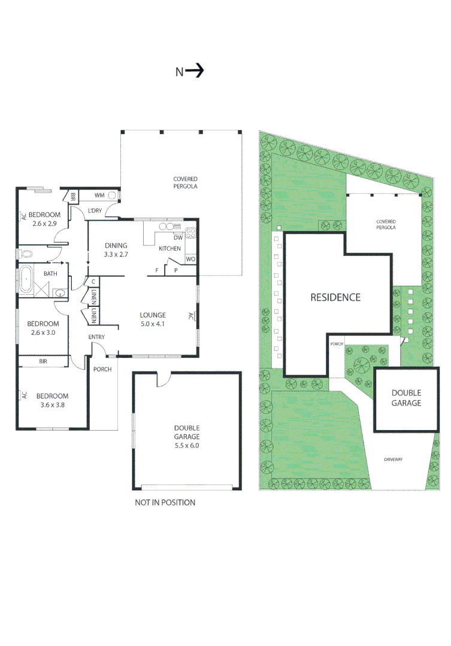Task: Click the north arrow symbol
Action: (x=195, y=71)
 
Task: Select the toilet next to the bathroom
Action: (x=26, y=254)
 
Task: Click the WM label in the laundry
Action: (x=99, y=195)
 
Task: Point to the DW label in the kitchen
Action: (x=178, y=237)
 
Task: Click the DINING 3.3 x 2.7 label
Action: (x=117, y=249)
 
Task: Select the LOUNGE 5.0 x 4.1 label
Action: (x=152, y=320)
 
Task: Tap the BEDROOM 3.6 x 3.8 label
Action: (x=52, y=400)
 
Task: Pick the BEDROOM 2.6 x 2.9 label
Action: (x=44, y=219)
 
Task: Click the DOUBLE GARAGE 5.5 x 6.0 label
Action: (x=187, y=432)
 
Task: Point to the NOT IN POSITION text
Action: (x=165, y=502)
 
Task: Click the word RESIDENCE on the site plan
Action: (x=335, y=297)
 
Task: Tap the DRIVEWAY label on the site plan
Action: (x=393, y=459)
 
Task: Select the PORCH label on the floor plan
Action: (x=102, y=369)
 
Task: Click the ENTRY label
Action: (x=96, y=337)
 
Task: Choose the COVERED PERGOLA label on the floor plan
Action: (x=185, y=182)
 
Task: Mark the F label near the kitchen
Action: (x=157, y=270)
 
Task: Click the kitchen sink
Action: (x=169, y=227)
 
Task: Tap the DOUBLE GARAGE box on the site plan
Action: (x=406, y=398)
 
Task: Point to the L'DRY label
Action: (x=95, y=211)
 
